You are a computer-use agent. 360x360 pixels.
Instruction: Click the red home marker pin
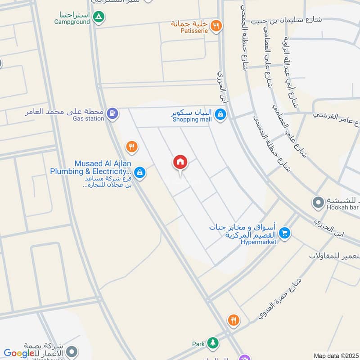pyautogui.click(x=180, y=162)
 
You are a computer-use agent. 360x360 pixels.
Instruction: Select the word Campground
pyautogui.click(x=72, y=22)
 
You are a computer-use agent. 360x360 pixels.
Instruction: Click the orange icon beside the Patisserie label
pyautogui.click(x=216, y=26)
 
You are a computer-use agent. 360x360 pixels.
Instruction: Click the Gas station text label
pyautogui.click(x=89, y=118)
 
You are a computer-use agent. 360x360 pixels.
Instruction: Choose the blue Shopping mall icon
pyautogui.click(x=220, y=115)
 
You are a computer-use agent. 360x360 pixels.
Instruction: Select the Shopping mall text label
pyautogui.click(x=191, y=119)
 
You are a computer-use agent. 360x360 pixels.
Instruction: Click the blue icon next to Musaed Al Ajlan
pyautogui.click(x=140, y=172)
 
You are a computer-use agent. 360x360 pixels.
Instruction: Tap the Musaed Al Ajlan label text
pyautogui.click(x=90, y=167)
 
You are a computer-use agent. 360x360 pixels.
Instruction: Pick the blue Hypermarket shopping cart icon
pyautogui.click(x=284, y=233)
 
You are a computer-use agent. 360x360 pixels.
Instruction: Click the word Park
pyautogui.click(x=198, y=344)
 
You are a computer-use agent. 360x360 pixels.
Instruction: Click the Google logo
pyautogui.click(x=19, y=353)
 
